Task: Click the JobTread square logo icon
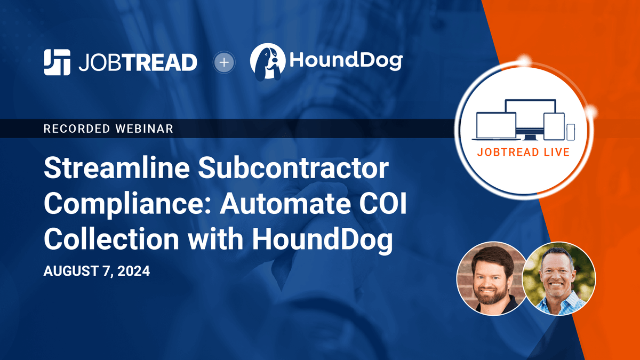point(57,62)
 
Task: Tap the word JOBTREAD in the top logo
point(137,63)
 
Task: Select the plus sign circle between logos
point(224,62)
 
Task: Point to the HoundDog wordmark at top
point(346,62)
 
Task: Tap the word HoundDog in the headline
point(322,239)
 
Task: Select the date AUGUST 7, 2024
point(97,271)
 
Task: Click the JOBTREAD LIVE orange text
point(523,152)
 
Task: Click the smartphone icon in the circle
point(571,132)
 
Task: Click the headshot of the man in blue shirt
point(558,279)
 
